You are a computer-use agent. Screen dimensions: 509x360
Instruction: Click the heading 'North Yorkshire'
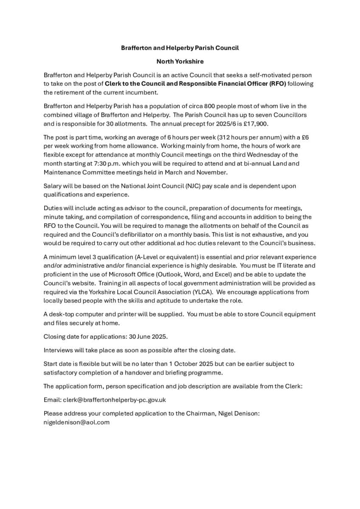point(180,62)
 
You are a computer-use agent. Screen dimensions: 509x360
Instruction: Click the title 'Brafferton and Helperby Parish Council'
point(180,48)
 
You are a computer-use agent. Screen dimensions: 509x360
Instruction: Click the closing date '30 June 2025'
point(149,336)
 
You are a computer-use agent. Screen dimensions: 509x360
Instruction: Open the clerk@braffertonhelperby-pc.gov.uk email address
point(115,400)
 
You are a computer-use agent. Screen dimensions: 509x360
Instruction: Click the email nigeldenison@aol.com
point(76,422)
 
